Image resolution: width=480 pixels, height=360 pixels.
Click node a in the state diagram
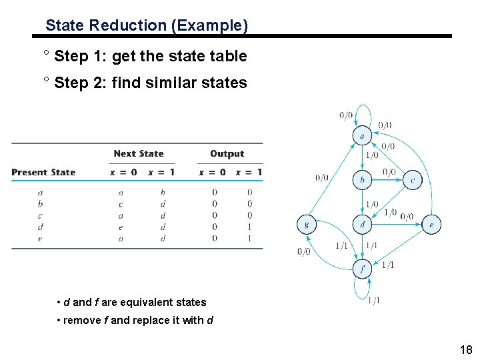[x=362, y=135]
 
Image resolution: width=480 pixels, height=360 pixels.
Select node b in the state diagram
[x=362, y=179]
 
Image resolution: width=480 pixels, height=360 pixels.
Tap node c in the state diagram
[x=413, y=179]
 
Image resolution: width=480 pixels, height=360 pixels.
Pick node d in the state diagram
[x=362, y=225]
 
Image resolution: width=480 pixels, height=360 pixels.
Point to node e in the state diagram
[x=431, y=225]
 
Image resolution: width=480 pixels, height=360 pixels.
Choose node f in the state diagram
[x=362, y=269]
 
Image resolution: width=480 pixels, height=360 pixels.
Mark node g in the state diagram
[x=306, y=225]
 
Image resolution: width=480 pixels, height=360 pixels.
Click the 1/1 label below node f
[x=373, y=301]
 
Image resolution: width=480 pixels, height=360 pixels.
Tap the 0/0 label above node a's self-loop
[x=346, y=115]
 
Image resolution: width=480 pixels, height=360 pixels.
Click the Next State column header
[x=139, y=153]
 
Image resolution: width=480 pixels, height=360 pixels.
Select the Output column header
[x=227, y=153]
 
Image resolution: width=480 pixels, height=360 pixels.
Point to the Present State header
[x=43, y=172]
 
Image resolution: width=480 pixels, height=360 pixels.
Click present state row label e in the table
[x=40, y=238]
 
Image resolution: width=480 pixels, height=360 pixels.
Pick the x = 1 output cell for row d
[x=250, y=227]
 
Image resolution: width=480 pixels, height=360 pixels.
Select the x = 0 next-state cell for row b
[x=120, y=204]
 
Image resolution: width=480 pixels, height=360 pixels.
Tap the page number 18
[x=465, y=350]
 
